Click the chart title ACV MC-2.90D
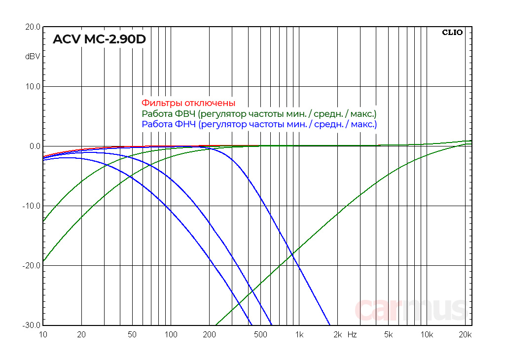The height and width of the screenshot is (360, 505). (99, 39)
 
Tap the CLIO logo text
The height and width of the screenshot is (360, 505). (452, 33)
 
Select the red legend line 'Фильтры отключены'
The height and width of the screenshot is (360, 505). (188, 103)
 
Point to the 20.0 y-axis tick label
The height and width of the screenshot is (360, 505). (33, 27)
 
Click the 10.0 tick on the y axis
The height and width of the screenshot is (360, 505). (33, 87)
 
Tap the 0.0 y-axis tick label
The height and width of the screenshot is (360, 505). (35, 146)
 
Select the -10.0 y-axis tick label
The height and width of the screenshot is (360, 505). (32, 206)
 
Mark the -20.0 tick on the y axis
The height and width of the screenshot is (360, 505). (32, 266)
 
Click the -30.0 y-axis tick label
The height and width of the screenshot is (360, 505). (32, 325)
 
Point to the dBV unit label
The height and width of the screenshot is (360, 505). (33, 56)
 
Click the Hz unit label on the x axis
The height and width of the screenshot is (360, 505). (352, 335)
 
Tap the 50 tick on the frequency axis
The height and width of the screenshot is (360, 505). (132, 335)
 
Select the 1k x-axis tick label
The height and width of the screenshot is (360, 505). (299, 335)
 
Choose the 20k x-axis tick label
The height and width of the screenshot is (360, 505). (466, 335)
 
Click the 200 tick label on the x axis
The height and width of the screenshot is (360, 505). (210, 335)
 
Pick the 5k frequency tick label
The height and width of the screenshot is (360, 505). (389, 335)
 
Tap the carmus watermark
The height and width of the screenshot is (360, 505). (410, 309)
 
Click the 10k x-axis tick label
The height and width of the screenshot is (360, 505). (427, 335)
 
